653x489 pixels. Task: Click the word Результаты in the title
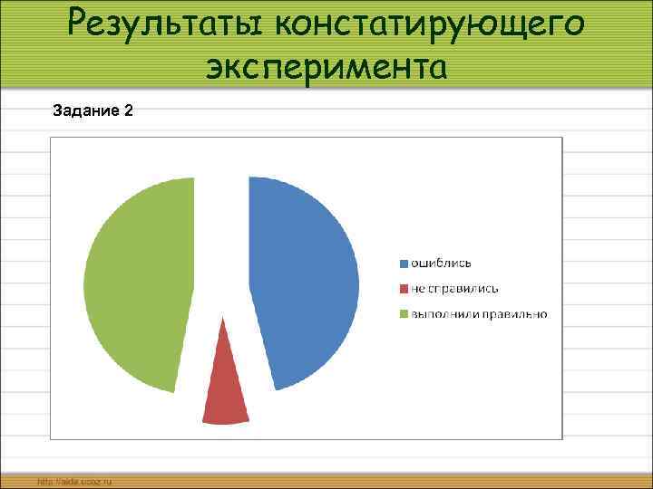(x=172, y=24)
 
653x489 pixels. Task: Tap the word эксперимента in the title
(x=326, y=66)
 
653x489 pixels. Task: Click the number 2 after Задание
(x=129, y=110)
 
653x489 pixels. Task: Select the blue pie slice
(x=304, y=281)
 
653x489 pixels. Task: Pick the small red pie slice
(x=224, y=389)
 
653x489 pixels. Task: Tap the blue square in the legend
(x=404, y=263)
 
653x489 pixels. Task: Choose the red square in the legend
(x=404, y=288)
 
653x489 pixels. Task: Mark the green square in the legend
(x=404, y=313)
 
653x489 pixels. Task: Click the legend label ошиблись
(x=442, y=263)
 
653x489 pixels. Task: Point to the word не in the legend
(x=418, y=288)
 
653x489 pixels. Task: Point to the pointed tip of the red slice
(x=222, y=319)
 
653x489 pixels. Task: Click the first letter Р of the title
(x=80, y=24)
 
